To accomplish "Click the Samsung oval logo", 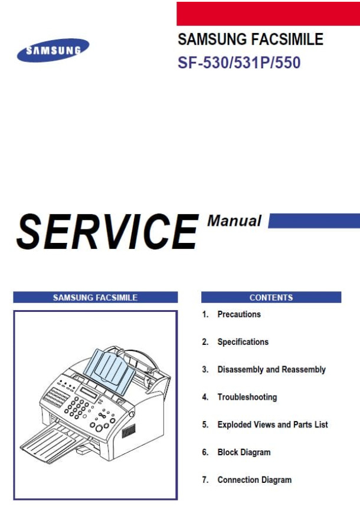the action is point(53,50).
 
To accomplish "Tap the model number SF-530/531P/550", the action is point(239,63).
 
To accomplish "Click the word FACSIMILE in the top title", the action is point(287,39).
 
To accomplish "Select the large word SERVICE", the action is point(107,232).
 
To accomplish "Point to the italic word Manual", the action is point(234,221).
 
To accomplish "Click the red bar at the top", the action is point(268,14).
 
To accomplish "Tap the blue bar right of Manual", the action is point(314,221).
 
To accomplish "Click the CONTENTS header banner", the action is point(271,297).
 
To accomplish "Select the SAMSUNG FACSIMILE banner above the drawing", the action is point(96,297).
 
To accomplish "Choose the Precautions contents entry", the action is point(239,314).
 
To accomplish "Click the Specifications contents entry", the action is point(243,342).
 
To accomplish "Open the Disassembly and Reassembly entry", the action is point(271,370).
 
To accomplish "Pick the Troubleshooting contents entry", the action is point(247,397).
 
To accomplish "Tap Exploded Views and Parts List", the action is point(273,425).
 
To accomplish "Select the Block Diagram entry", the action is point(244,452).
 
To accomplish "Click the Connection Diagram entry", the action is point(254,480).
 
